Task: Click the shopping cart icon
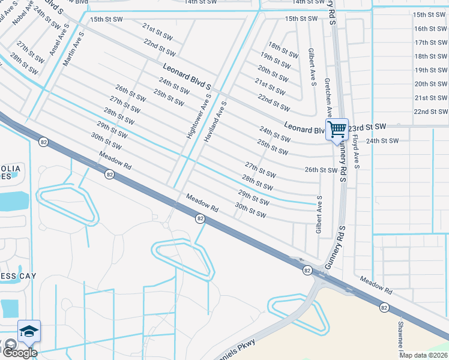click(x=337, y=128)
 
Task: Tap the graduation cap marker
click(x=29, y=331)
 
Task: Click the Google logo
click(x=19, y=353)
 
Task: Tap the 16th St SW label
click(x=430, y=28)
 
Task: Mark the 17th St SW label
click(x=430, y=42)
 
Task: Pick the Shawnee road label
click(x=400, y=336)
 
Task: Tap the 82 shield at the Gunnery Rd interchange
click(x=307, y=271)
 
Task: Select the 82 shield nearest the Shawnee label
click(x=384, y=307)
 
